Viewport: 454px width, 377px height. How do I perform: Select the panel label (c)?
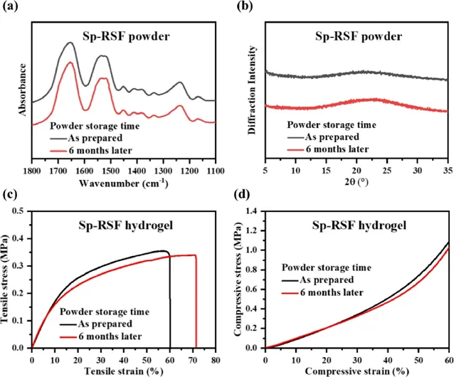point(10,194)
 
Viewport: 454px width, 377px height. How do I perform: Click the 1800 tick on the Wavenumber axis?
point(32,171)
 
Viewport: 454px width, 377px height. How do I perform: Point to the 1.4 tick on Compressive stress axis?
point(254,212)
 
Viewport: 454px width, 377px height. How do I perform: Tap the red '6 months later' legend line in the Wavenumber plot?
point(59,151)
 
